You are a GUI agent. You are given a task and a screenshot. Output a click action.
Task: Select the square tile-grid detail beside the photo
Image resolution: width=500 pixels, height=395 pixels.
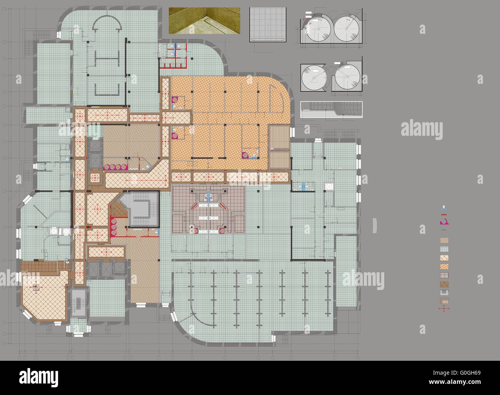click(x=268, y=24)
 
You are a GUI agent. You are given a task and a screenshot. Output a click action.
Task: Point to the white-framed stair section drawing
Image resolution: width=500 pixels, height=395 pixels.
click(x=331, y=109)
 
